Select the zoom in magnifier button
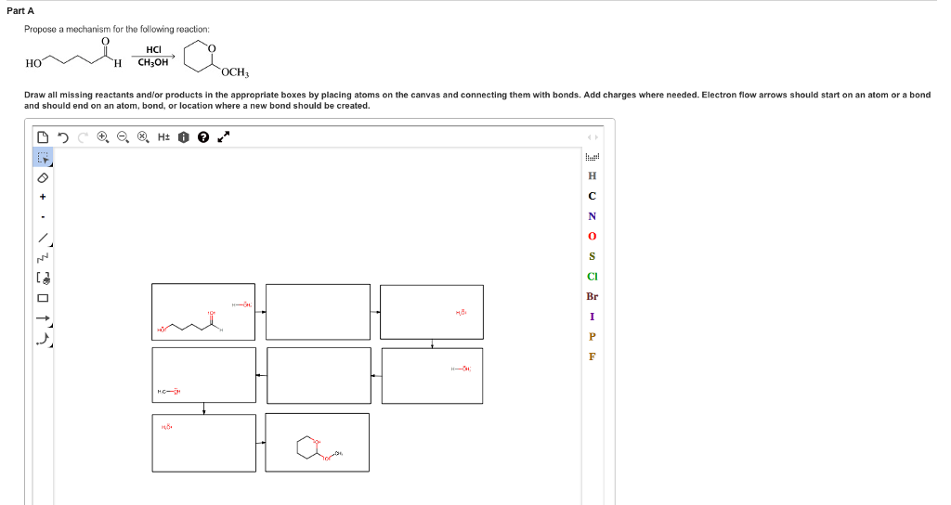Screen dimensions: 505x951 click(103, 137)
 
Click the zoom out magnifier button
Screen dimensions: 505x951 click(123, 137)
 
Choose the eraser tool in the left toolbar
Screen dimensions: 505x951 click(43, 177)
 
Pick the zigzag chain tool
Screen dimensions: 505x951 click(43, 257)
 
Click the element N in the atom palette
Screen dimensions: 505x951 click(592, 216)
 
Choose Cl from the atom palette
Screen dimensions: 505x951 click(592, 276)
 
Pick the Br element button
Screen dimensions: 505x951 click(592, 296)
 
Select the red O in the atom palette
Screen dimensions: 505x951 click(592, 236)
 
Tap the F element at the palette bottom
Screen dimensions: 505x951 click(592, 356)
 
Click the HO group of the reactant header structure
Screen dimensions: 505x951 click(33, 63)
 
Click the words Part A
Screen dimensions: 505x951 click(20, 10)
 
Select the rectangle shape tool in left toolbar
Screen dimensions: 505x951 click(43, 298)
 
